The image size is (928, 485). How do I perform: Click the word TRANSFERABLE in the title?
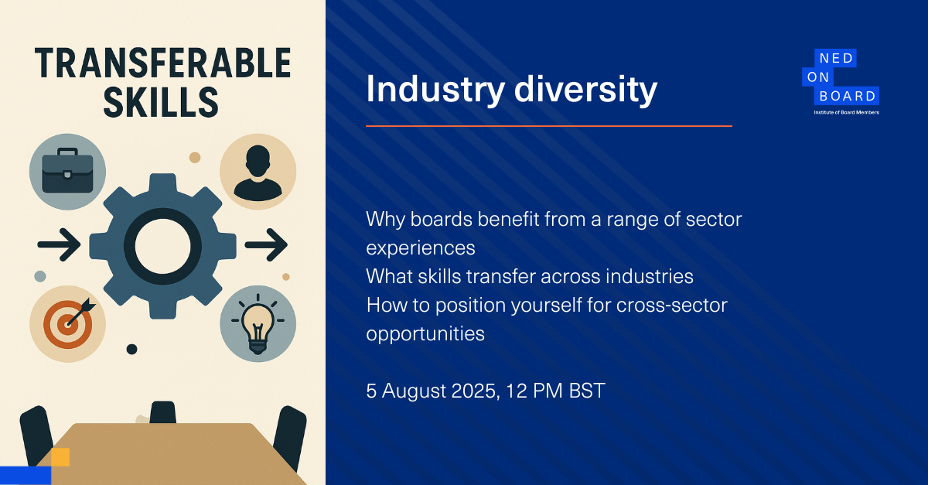pos(163,63)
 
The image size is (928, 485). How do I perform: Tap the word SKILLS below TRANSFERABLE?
pos(161,102)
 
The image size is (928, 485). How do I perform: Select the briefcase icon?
pos(67,171)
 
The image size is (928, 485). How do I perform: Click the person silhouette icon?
pos(258,172)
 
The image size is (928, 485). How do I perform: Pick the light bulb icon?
pos(258,324)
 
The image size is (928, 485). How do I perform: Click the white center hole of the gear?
pos(163,246)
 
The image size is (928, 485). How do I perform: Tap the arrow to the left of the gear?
pos(59,244)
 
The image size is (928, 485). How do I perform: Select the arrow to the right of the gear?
pos(266,244)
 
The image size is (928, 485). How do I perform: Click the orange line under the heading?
pos(549,126)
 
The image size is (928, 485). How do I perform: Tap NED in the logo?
pos(837,59)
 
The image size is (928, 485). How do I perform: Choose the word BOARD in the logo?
pos(848,96)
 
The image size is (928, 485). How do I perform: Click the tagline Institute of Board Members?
pos(846,112)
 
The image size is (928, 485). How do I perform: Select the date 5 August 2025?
pos(431,391)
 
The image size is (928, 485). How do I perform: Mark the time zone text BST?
pos(587,391)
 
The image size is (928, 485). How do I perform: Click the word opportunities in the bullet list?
pos(425,334)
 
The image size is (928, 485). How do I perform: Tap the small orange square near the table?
pos(60,457)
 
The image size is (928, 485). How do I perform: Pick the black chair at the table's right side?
pos(290,437)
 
